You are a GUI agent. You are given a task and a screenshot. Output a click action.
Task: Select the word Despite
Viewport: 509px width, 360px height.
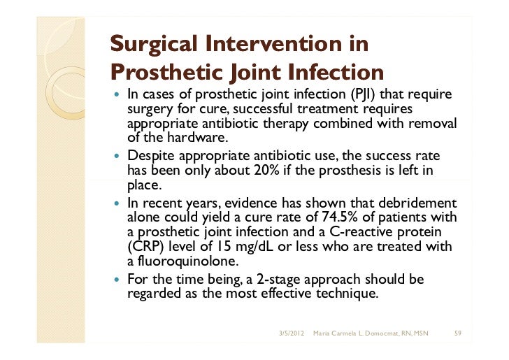[149, 154]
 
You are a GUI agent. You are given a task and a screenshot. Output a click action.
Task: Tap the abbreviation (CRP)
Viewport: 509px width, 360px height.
[144, 248]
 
